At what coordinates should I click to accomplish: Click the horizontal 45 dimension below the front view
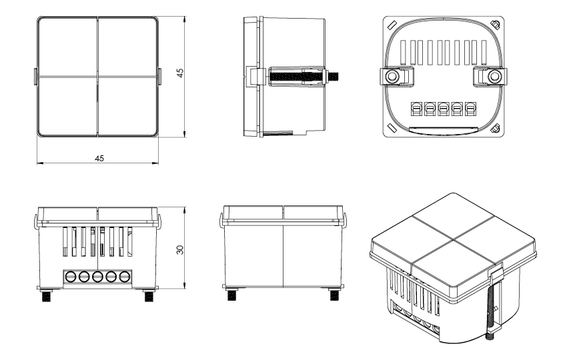tap(99, 158)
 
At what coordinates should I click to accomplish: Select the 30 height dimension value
tap(179, 249)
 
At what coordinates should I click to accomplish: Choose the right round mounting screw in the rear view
tap(493, 77)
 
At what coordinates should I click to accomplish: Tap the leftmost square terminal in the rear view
tap(414, 109)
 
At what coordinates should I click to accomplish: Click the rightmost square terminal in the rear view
tap(470, 109)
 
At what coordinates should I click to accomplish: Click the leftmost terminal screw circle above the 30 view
tap(69, 277)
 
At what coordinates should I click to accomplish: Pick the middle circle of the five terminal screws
tap(97, 277)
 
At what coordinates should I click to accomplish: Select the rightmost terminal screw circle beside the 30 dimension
tap(124, 277)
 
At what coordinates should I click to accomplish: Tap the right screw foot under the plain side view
tap(332, 293)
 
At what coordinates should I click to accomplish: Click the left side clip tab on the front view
tap(35, 77)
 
